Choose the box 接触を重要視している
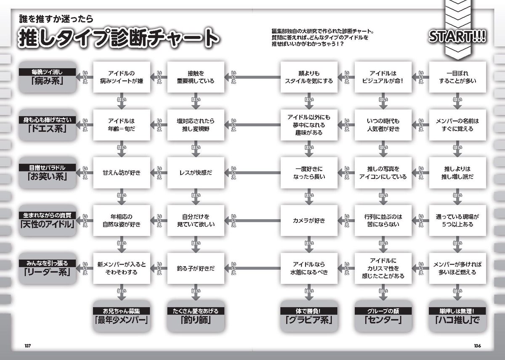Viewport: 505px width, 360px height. [x=195, y=77]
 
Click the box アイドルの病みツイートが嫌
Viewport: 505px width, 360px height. [x=120, y=77]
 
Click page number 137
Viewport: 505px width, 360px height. [x=28, y=346]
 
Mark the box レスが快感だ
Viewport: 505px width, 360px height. [x=195, y=172]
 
